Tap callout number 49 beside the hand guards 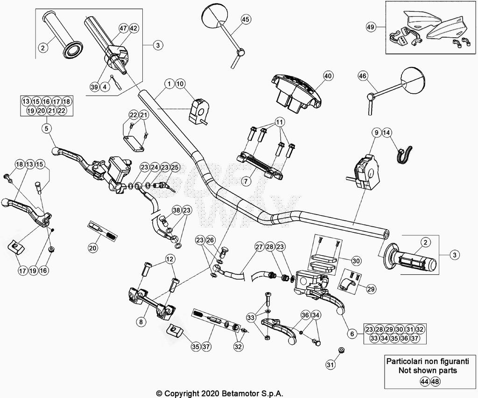point(371,28)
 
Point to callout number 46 point(363,76)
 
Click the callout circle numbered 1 point(169,84)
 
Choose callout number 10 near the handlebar point(180,84)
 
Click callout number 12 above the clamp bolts point(169,258)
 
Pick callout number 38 point(176,210)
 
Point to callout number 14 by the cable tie point(387,133)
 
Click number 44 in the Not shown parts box point(424,381)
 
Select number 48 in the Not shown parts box point(436,381)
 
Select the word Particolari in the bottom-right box point(405,361)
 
